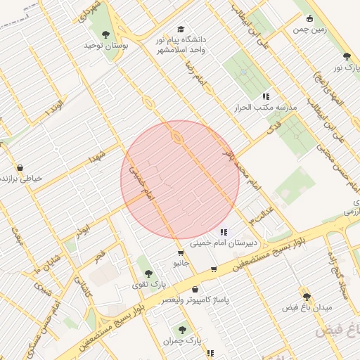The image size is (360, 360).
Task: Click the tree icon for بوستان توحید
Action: [x=105, y=34]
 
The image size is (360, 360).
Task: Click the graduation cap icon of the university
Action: [x=181, y=30]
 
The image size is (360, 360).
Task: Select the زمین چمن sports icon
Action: [x=309, y=20]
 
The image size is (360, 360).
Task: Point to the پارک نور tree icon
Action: [x=346, y=56]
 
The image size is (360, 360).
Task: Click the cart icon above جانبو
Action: [x=181, y=252]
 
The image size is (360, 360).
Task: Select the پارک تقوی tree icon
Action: [x=148, y=272]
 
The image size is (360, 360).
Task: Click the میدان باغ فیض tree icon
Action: [x=306, y=297]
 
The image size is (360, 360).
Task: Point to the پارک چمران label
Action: [x=177, y=340]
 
